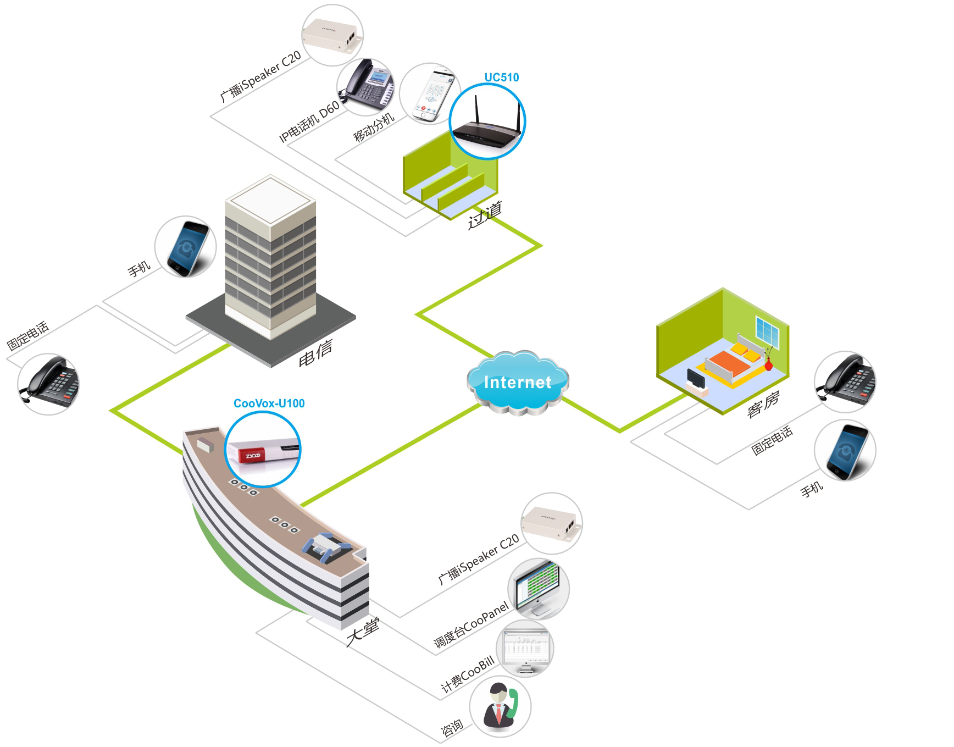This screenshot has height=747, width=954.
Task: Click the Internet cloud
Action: tap(517, 381)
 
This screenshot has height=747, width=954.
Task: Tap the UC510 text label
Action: tap(501, 78)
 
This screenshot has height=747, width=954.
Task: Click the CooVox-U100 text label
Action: tap(269, 403)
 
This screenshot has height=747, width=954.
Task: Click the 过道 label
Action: tap(485, 215)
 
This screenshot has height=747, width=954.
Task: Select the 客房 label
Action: tap(763, 404)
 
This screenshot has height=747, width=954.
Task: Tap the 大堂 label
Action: tap(363, 632)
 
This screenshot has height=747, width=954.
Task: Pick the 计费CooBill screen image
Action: tap(525, 649)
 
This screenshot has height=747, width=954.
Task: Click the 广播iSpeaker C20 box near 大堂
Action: tap(551, 523)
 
